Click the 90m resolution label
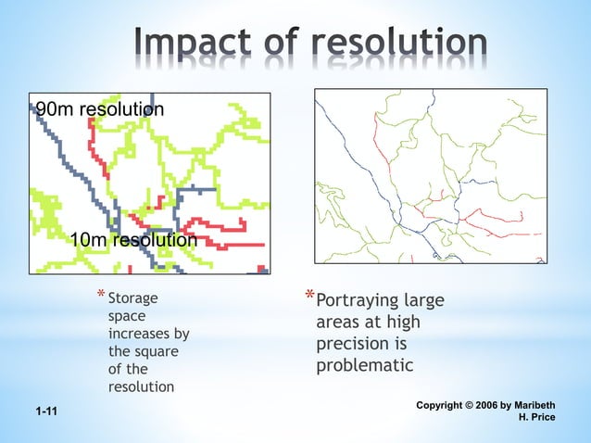[100, 109]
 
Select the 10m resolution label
[133, 241]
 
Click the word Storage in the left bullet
[133, 299]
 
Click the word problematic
[364, 365]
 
